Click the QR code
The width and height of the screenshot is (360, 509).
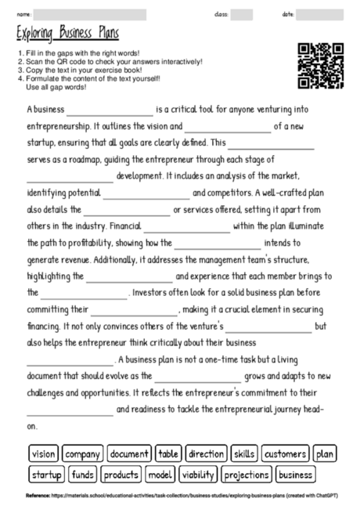(x=321, y=66)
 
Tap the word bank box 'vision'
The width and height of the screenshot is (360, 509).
(x=44, y=454)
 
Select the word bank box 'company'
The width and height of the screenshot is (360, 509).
(x=82, y=454)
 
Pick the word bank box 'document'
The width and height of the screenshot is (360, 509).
(x=129, y=454)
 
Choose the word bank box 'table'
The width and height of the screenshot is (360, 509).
(x=169, y=454)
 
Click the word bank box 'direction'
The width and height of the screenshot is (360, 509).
(x=207, y=454)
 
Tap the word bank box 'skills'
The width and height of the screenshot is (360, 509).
(x=244, y=454)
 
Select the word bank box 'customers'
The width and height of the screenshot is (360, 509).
(x=285, y=454)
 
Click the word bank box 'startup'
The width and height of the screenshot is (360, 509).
(x=47, y=475)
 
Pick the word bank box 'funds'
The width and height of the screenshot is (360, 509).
(x=83, y=475)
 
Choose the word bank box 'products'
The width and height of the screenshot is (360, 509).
(x=121, y=475)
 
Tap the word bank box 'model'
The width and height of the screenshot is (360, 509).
(x=160, y=475)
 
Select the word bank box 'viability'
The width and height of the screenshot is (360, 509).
(x=198, y=475)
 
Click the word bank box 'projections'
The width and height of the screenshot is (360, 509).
(x=246, y=475)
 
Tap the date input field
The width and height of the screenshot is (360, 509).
(x=320, y=14)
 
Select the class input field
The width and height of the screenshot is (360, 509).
(x=242, y=14)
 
